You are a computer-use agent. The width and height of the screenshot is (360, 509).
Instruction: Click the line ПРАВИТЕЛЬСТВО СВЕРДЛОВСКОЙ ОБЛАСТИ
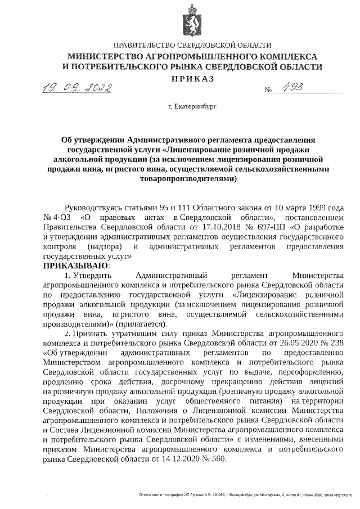[192, 45]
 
